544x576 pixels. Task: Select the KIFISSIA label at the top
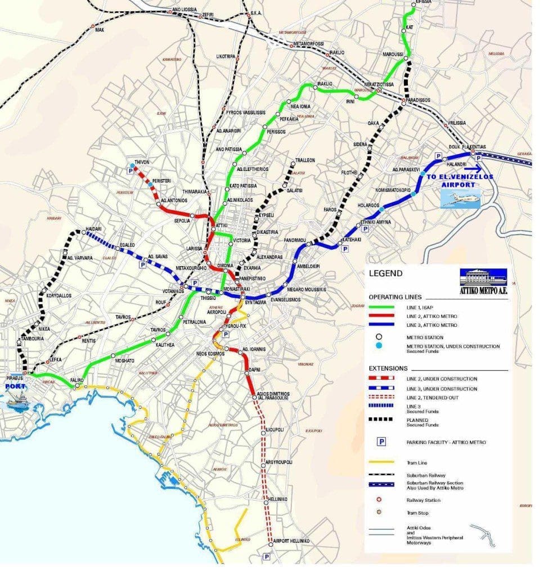422,3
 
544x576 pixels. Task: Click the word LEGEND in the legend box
385,274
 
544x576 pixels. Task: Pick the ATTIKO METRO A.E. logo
483,282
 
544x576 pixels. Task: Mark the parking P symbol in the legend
381,442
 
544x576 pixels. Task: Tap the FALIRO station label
77,380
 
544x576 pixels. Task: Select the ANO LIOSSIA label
184,10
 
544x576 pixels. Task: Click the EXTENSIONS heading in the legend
389,368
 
